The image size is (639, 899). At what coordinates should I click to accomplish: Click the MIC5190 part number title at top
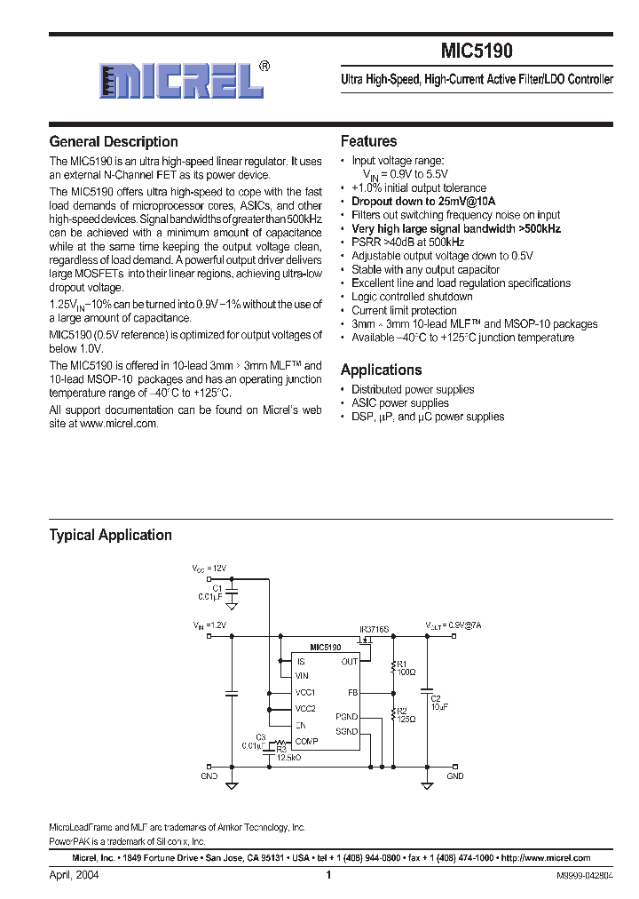(x=476, y=52)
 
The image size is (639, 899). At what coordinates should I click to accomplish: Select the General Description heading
(x=114, y=142)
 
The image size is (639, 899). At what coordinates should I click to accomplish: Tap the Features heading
(x=368, y=141)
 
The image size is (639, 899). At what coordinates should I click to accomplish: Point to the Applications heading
(x=381, y=370)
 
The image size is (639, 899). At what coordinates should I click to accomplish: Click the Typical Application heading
(x=110, y=535)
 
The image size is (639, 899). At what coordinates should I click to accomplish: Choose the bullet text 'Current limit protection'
(x=404, y=310)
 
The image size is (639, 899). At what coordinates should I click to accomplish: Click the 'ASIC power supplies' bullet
(x=400, y=402)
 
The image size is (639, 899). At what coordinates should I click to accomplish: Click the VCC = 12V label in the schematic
(x=209, y=568)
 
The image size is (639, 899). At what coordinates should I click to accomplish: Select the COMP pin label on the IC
(x=306, y=740)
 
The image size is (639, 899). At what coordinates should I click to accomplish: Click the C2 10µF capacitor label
(x=436, y=703)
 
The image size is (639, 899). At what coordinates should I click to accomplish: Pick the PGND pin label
(x=347, y=716)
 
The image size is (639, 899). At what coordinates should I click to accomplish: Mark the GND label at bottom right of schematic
(x=454, y=776)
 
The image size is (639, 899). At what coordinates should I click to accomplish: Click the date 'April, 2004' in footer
(x=74, y=875)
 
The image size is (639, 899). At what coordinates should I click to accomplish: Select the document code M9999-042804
(x=584, y=876)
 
